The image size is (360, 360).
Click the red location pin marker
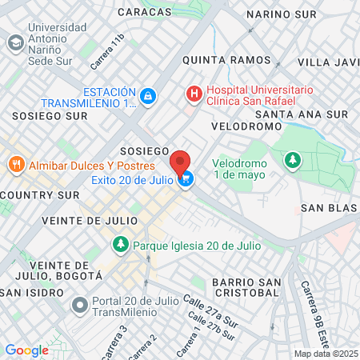[181, 161]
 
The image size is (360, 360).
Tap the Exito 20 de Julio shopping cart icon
[186, 180]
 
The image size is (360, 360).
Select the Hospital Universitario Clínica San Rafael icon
[194, 94]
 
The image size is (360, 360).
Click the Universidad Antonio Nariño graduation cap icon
[15, 42]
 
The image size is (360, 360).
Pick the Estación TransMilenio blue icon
[147, 97]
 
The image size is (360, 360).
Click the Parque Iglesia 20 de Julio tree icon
[120, 243]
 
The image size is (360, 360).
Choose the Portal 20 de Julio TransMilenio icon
[78, 306]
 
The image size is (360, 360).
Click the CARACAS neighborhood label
[144, 12]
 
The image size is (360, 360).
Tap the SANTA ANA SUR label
[302, 114]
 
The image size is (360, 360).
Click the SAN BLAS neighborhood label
[328, 208]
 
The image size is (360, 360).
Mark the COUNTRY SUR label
[40, 194]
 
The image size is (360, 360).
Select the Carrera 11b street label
[108, 50]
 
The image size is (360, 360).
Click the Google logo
[27, 350]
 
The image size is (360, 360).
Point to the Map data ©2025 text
[326, 354]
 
